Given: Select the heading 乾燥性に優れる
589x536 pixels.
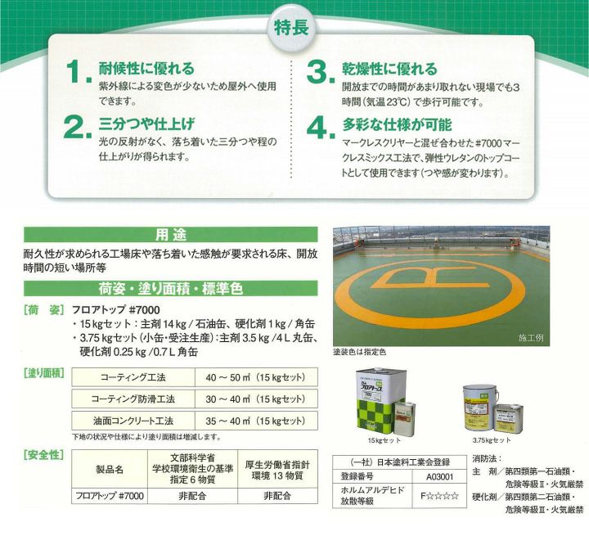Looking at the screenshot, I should click(x=389, y=70).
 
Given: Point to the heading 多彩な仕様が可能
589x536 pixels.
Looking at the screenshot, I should click(x=398, y=125).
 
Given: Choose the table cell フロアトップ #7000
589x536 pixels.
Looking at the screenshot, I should click(x=108, y=496).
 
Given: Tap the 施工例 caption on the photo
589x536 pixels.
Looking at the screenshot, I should click(x=529, y=337).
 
